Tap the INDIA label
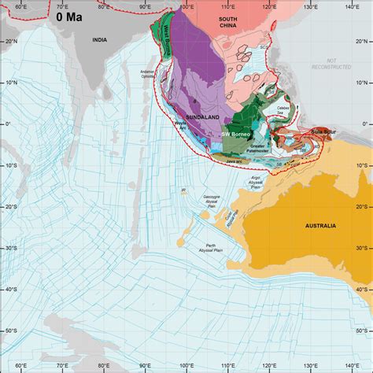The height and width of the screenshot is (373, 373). point(99,39)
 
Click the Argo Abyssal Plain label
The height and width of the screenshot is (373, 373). point(256,181)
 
